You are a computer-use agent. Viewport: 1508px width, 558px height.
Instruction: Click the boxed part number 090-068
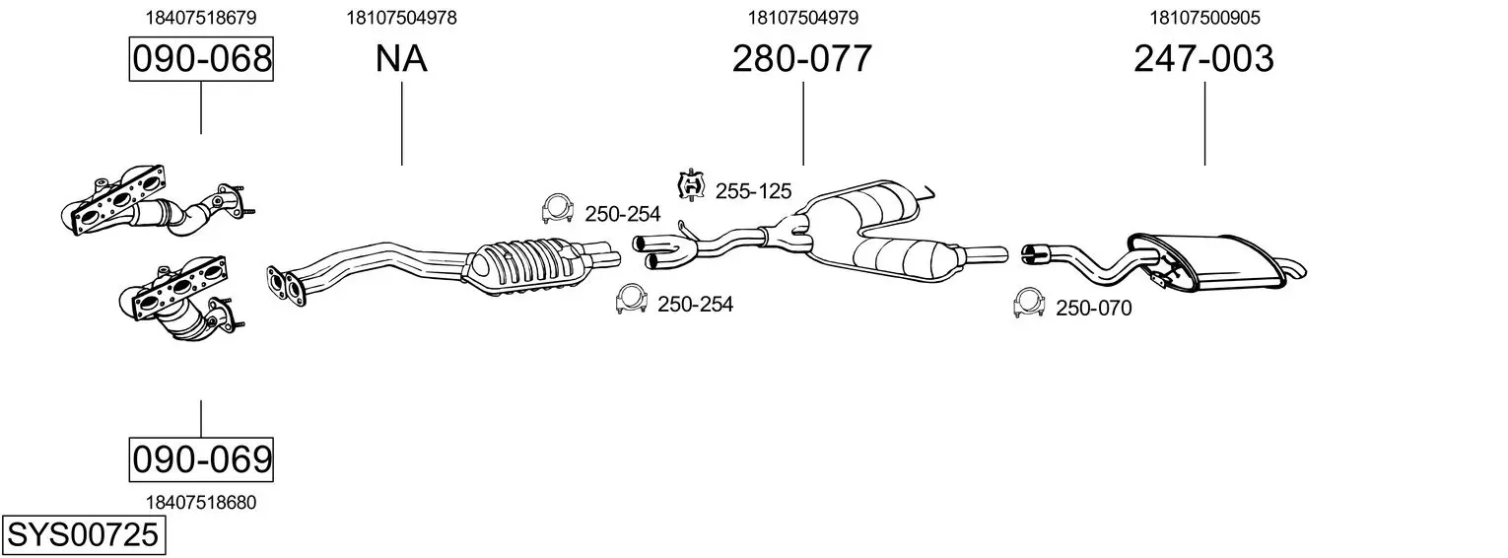(201, 58)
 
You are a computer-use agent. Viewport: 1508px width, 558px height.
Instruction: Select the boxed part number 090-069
(201, 459)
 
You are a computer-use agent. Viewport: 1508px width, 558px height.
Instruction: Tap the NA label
(401, 58)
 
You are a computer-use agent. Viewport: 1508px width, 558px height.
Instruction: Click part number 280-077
(801, 58)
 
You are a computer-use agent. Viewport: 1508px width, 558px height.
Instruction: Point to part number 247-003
(1203, 58)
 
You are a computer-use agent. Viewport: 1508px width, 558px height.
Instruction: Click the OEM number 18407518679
(201, 18)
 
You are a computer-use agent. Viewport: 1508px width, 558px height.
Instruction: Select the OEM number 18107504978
(401, 18)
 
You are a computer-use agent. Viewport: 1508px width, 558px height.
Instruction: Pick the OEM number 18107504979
(803, 18)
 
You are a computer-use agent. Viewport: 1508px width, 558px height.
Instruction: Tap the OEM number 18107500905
(1204, 18)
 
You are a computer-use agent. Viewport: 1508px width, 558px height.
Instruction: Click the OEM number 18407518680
(201, 503)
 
